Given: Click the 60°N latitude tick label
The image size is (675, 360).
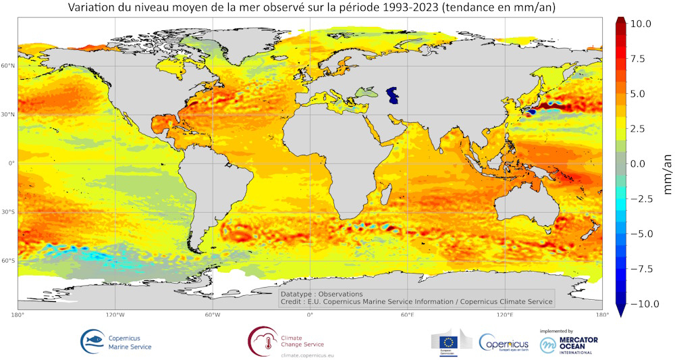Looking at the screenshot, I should coord(8,66).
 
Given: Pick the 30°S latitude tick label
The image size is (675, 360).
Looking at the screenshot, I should coord(8,212).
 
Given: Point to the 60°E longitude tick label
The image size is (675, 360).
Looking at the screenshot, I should coord(407,315).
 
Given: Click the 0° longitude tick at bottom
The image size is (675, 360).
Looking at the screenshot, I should coord(310,315).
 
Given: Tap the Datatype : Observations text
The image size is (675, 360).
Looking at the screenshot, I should coord(321,294).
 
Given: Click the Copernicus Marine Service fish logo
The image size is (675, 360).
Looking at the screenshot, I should coord(92,340).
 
